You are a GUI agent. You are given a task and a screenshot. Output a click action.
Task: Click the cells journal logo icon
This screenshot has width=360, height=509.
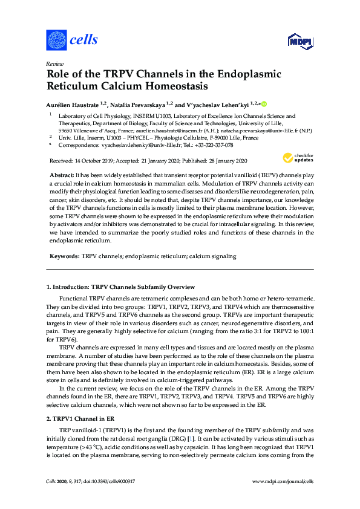pyautogui.click(x=56, y=41)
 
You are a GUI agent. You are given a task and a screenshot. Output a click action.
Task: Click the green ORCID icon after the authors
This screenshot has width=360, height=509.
pyautogui.click(x=264, y=103)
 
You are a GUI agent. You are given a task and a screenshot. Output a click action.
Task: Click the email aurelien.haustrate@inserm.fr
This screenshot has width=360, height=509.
pyautogui.click(x=171, y=130)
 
